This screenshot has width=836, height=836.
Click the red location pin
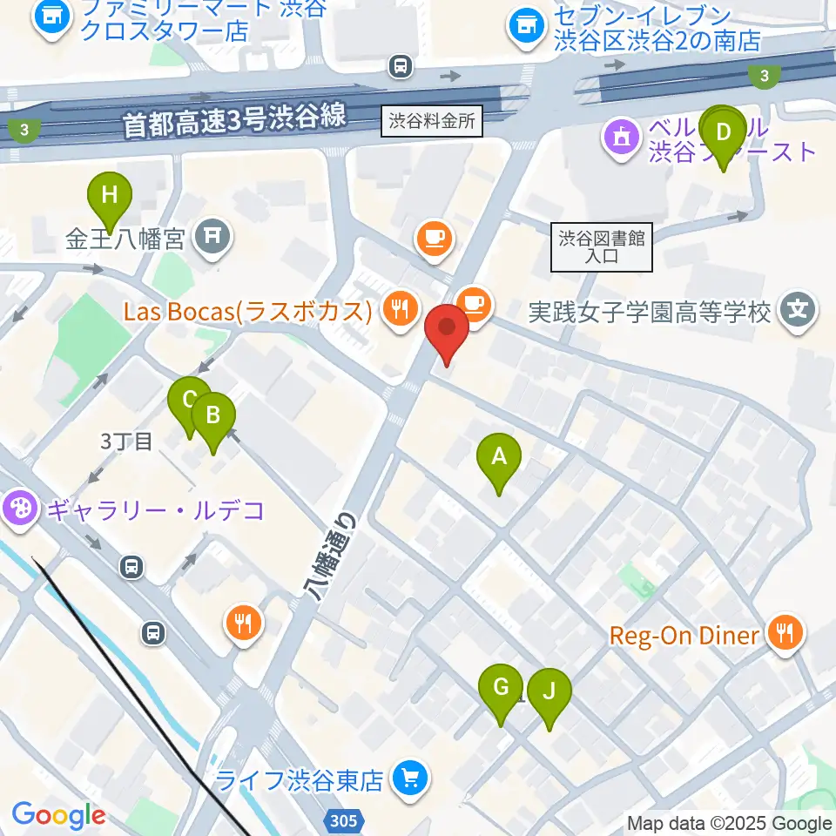pyautogui.click(x=447, y=331)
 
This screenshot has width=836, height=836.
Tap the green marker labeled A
pyautogui.click(x=499, y=460)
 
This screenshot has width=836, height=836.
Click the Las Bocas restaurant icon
pyautogui.click(x=400, y=309)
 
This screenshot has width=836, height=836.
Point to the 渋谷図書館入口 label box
pyautogui.click(x=602, y=246)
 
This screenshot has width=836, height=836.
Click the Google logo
pyautogui.click(x=58, y=814)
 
